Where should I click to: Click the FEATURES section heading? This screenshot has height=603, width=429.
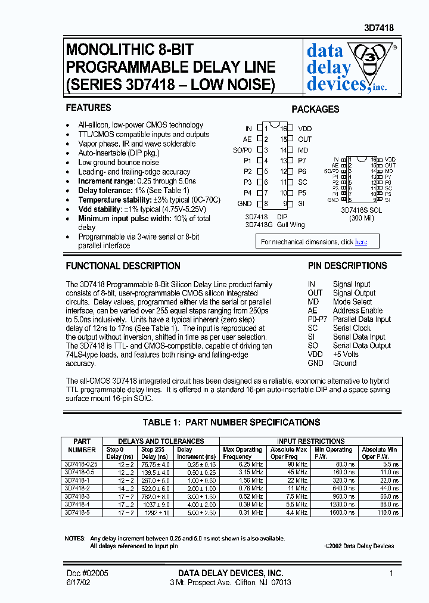tap(88, 108)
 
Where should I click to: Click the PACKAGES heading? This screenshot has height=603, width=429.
tap(315, 109)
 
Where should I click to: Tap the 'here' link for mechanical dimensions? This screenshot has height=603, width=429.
tap(361, 242)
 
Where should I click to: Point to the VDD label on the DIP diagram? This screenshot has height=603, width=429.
tap(304, 129)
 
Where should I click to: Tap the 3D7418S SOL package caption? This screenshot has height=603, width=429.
tap(362, 210)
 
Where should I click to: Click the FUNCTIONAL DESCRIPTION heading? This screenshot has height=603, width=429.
tap(123, 266)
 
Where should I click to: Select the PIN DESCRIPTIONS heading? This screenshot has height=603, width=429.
tap(347, 266)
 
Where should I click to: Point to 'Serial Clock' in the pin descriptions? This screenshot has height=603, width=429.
tap(352, 328)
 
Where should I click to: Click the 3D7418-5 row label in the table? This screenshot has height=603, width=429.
tap(76, 512)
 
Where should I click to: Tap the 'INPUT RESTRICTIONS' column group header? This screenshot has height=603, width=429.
tap(312, 441)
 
